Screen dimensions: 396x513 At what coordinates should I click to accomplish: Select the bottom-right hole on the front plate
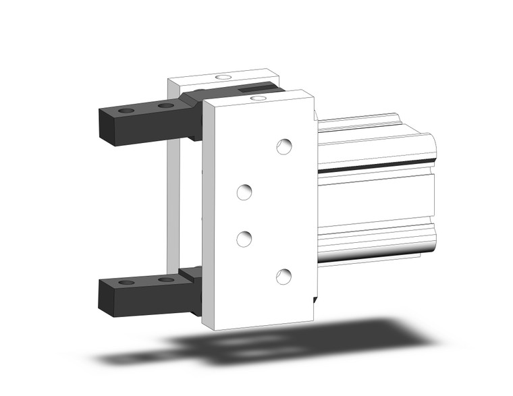tap(284, 275)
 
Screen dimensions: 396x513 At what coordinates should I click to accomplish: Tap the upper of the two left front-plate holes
tap(244, 192)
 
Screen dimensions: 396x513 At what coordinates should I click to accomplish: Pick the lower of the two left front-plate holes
tap(244, 237)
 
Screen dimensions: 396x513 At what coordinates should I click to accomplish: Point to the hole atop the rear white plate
tap(222, 78)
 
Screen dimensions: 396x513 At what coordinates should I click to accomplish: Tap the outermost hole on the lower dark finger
tap(125, 281)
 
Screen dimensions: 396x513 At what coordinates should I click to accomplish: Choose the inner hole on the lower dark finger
tap(165, 279)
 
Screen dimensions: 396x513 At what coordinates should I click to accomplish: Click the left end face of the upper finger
tap(109, 129)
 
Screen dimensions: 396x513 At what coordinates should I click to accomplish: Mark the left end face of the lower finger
tap(107, 301)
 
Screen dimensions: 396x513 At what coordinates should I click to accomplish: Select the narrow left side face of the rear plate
tap(173, 202)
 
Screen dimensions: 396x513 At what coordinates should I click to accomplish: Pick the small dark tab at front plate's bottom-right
tap(315, 297)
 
